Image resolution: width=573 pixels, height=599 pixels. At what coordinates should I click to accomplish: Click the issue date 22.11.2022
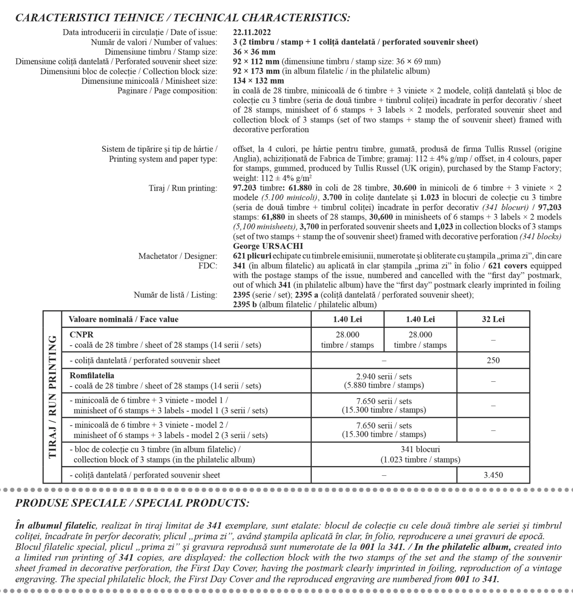(x=252, y=32)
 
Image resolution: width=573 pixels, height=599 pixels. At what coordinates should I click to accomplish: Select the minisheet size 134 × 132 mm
(x=258, y=81)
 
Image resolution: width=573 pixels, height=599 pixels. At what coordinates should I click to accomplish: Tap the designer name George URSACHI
(x=268, y=246)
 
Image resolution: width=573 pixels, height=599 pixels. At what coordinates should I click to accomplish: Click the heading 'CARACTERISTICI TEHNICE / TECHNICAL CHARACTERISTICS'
(x=182, y=18)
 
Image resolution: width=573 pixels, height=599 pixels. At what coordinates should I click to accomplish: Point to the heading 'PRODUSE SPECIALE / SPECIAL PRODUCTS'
(x=132, y=503)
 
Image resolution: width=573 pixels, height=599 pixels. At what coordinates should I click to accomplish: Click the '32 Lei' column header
(x=493, y=319)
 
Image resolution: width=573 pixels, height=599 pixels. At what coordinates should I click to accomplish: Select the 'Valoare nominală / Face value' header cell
(x=123, y=319)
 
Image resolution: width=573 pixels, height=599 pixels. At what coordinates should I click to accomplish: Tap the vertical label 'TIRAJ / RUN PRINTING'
(x=52, y=397)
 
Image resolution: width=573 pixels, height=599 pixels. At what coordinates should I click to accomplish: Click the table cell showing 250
(x=493, y=360)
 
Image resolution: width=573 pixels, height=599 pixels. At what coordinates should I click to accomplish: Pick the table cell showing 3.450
(x=493, y=475)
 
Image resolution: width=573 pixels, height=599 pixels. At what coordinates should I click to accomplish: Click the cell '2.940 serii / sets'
(x=384, y=377)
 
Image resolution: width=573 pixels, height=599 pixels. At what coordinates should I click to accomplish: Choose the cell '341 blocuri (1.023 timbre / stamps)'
(x=420, y=454)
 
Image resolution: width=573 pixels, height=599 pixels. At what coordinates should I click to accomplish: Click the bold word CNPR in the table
(x=81, y=335)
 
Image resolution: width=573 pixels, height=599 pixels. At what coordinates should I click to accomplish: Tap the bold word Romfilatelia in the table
(x=92, y=376)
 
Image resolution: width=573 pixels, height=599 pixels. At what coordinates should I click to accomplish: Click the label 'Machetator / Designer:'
(x=178, y=256)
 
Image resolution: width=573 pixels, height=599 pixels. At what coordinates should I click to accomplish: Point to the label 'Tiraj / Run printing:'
(x=183, y=188)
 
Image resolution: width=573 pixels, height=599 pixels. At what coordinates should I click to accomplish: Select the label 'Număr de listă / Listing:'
(x=175, y=295)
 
